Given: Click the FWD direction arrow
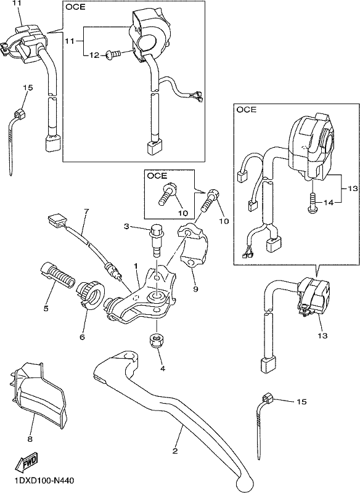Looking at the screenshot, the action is point(26,462).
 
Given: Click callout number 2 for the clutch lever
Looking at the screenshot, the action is point(176,450).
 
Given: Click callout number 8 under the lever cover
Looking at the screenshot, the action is point(30,439).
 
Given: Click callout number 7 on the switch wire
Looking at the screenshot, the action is point(86,211).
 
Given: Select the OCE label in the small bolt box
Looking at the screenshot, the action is point(157,176).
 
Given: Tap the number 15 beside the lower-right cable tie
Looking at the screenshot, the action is point(301,402).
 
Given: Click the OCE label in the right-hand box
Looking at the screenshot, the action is point(246,110).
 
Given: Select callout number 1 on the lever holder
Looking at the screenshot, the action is point(136,266).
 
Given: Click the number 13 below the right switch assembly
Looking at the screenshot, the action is point(322,336).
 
